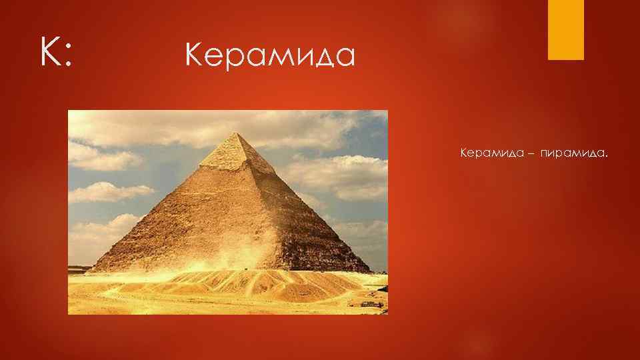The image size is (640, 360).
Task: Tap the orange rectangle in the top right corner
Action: coord(565,29)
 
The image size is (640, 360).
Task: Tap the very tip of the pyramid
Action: coord(233,133)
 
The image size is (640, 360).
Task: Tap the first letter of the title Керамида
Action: coord(194,57)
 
